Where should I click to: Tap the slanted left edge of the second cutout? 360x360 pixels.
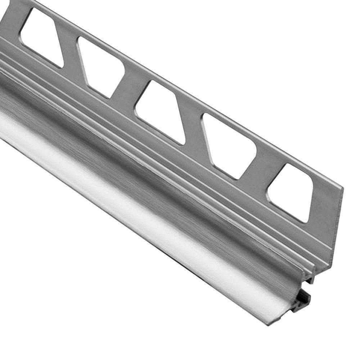tap(82, 61)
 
